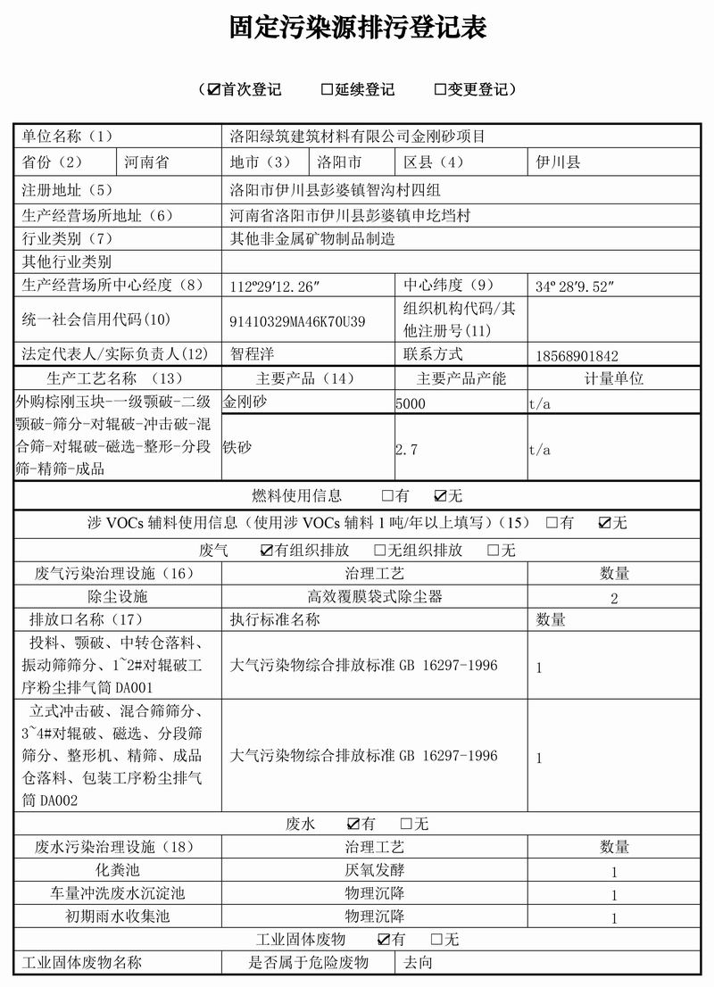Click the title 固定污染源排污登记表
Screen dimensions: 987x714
(357, 29)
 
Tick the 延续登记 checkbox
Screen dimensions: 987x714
(327, 89)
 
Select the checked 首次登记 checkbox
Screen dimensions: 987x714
(213, 89)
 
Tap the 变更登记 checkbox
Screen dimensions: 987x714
(440, 89)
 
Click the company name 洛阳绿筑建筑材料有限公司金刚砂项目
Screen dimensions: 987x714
(357, 137)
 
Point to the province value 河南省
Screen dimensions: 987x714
(146, 162)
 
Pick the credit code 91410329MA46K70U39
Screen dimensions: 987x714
(297, 321)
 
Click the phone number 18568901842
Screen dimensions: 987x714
(577, 354)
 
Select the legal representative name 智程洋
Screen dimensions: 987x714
(254, 353)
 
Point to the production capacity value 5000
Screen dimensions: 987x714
(411, 403)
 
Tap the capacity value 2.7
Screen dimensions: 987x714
(406, 450)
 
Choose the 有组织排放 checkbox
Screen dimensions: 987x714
(267, 551)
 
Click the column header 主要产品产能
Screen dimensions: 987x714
(461, 377)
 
